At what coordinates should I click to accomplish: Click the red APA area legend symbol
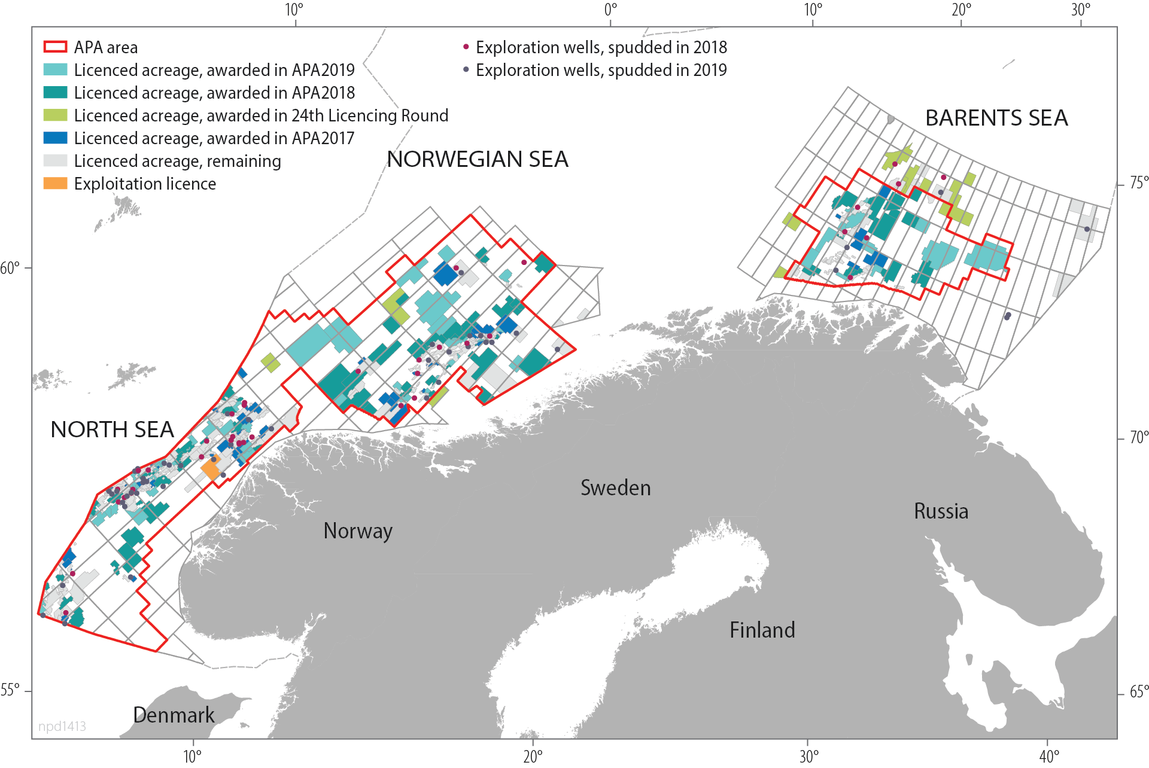pos(55,47)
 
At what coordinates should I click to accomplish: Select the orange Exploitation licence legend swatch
pos(55,184)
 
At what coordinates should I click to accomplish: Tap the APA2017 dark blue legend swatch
pos(55,138)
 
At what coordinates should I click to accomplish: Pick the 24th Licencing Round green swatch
pos(55,115)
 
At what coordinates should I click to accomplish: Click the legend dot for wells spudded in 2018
pos(466,47)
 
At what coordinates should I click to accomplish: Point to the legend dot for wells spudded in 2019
pos(466,69)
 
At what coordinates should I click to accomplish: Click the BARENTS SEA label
pos(996,118)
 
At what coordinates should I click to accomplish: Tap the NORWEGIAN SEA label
pos(477,160)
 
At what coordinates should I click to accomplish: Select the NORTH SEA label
pos(112,430)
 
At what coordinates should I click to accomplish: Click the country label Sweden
pos(615,488)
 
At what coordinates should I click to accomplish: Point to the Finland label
pos(762,630)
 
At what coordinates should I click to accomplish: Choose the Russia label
pos(941,511)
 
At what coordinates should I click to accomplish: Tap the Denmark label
pos(174,715)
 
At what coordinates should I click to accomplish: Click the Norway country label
pos(358,531)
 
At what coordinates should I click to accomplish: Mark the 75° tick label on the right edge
pos(1138,183)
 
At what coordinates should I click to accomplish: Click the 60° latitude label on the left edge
pos(10,268)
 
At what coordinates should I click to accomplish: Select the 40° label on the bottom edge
pos(1048,757)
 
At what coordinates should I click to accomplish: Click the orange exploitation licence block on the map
pos(211,469)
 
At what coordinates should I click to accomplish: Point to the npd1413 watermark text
pos(62,726)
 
